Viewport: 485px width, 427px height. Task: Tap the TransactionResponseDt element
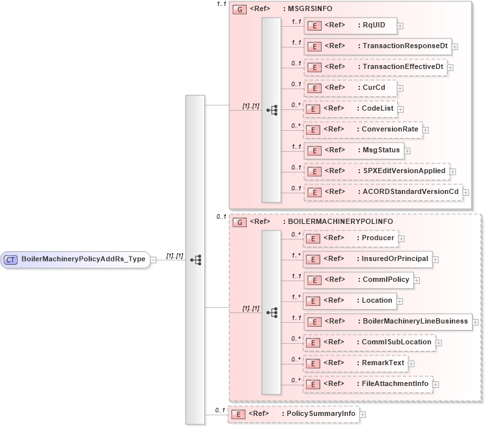pos(377,46)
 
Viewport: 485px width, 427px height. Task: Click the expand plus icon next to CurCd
pos(400,89)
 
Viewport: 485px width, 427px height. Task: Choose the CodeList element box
pos(351,109)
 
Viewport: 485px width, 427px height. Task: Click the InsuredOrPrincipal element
pos(367,259)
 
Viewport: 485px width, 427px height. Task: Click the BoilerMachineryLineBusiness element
pos(387,322)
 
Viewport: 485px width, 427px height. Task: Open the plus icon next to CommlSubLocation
pos(439,342)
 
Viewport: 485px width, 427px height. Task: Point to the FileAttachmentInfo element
pos(368,384)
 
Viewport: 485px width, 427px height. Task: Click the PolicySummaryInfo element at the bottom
pos(292,414)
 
